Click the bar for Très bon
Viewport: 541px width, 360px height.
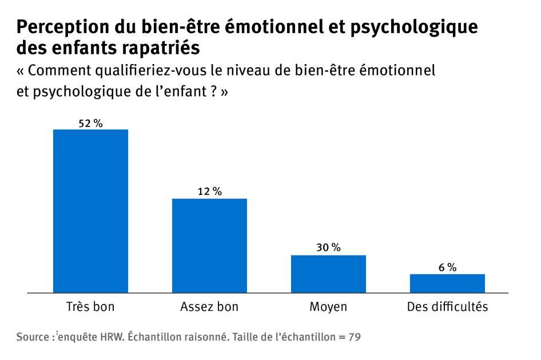pos(90,211)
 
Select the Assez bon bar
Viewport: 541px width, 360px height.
pos(209,245)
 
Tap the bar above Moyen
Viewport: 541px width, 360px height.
pos(328,274)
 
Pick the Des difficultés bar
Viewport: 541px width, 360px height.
pos(447,283)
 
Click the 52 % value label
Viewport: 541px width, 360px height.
pos(90,123)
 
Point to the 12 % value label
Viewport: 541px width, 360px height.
pos(209,192)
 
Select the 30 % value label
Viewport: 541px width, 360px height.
pos(328,248)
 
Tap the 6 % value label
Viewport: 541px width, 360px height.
pos(448,267)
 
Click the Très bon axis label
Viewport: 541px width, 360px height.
pos(90,307)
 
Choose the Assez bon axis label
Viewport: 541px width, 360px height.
pos(209,307)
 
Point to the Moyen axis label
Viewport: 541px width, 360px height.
pos(328,307)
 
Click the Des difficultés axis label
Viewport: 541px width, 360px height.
pos(447,307)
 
